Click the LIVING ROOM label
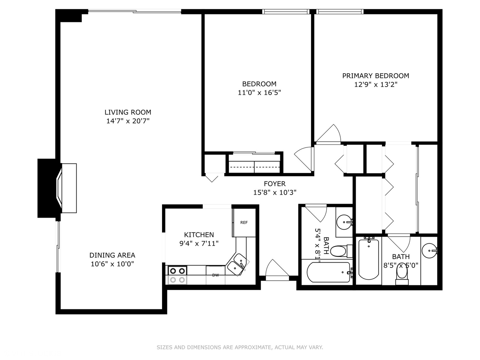coord(128,112)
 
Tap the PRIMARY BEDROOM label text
coord(376,76)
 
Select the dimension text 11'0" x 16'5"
coord(259,93)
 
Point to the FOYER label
coord(274,184)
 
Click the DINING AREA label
coord(112,255)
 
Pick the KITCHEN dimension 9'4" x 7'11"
coord(199,243)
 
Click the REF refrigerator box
coord(244,223)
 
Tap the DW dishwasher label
coord(215,275)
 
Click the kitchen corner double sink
coord(238,263)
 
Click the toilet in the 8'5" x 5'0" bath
coord(402,275)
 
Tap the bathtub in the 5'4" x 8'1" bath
coord(328,272)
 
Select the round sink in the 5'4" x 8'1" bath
coord(343,221)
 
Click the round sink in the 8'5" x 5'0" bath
coord(429,251)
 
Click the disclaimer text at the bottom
coord(240,347)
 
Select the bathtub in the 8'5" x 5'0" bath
coord(368,259)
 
